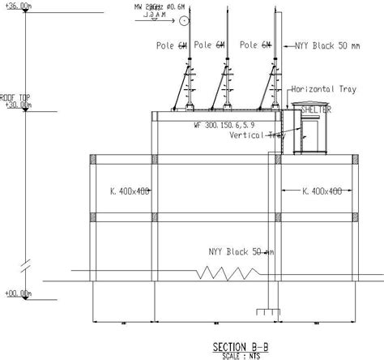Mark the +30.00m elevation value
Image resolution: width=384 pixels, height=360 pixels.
[17, 105]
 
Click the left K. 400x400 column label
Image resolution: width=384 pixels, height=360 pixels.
[132, 191]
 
